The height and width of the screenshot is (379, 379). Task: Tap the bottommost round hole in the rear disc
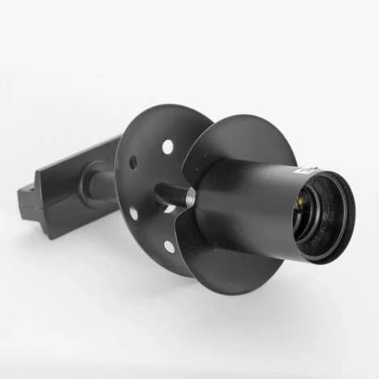coord(168,246)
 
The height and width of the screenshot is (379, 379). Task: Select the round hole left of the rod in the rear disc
coord(134,214)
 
